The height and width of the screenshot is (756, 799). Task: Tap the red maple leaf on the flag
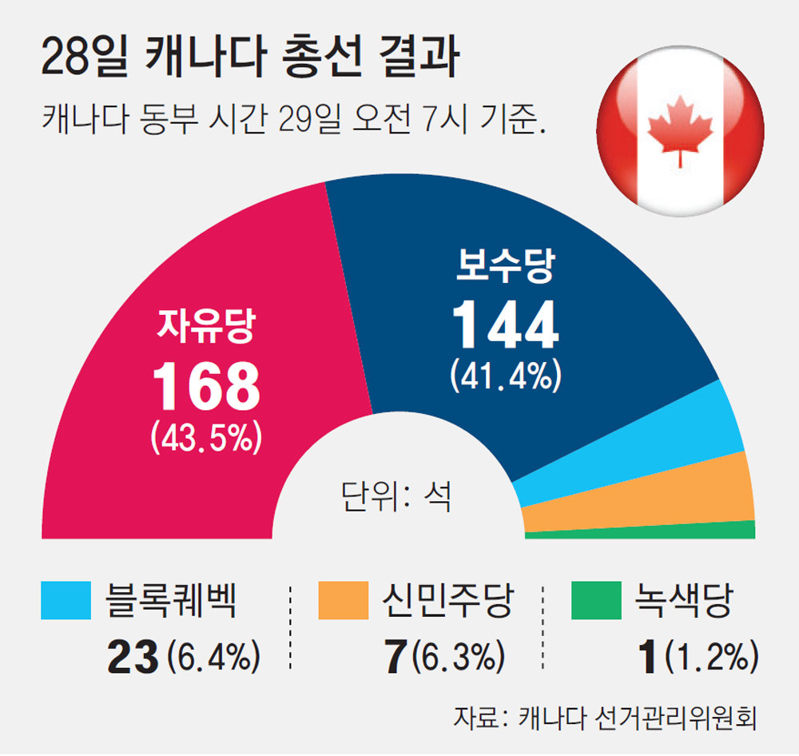[679, 130]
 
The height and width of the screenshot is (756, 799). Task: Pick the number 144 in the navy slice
[504, 326]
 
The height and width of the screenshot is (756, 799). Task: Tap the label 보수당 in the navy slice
[504, 267]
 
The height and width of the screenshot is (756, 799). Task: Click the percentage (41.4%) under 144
[504, 376]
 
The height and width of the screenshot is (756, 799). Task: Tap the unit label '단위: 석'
[396, 496]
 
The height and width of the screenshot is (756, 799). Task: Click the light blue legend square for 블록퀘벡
[65, 601]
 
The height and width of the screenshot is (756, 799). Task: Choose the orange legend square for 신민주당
[342, 601]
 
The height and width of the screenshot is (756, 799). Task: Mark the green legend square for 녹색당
[596, 601]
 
